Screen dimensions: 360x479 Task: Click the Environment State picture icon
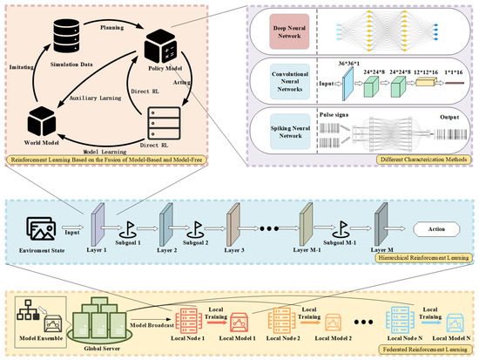click(x=43, y=229)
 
